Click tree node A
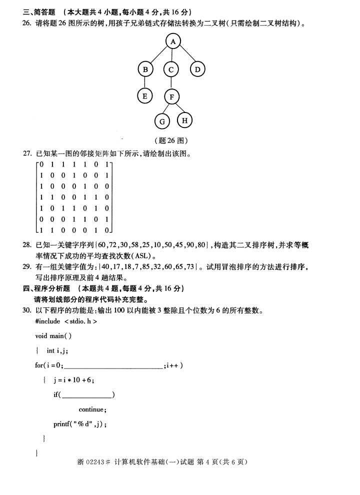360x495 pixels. [173, 41]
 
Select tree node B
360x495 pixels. [145, 69]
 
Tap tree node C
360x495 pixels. [171, 69]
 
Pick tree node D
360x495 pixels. [197, 69]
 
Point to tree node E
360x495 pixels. [145, 95]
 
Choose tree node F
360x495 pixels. [171, 96]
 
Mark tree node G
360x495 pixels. [162, 121]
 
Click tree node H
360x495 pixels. [184, 120]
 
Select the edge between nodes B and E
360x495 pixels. [145, 82]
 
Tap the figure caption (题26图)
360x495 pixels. [171, 140]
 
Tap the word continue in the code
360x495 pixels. [92, 409]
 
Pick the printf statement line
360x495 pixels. [80, 424]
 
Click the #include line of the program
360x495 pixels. [66, 321]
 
